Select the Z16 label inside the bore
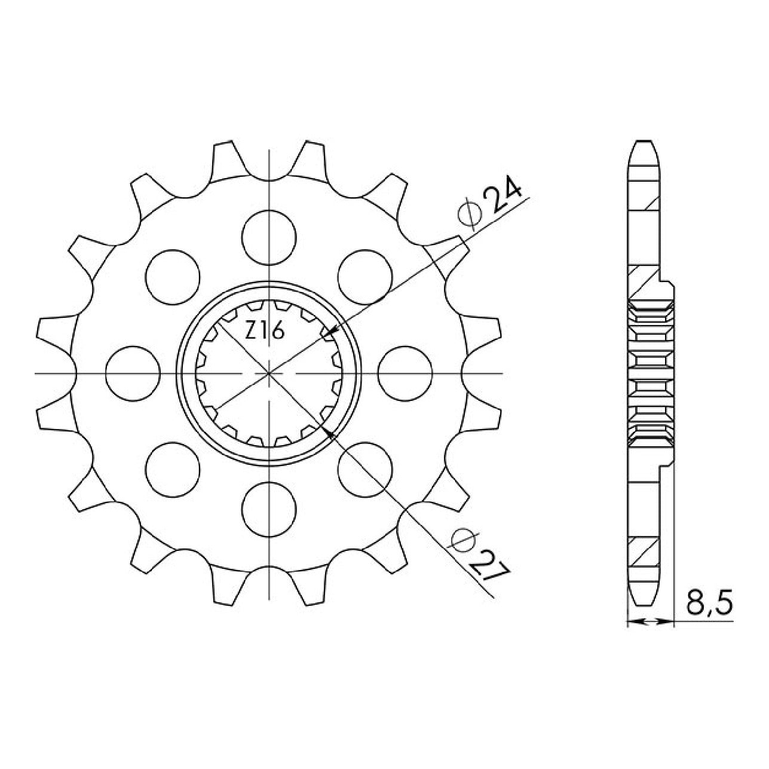264,331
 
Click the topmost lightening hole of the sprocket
269,237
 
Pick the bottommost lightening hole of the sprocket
269,509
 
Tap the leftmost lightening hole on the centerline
133,373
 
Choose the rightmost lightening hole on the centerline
405,373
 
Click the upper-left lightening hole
173,277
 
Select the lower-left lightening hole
173,469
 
